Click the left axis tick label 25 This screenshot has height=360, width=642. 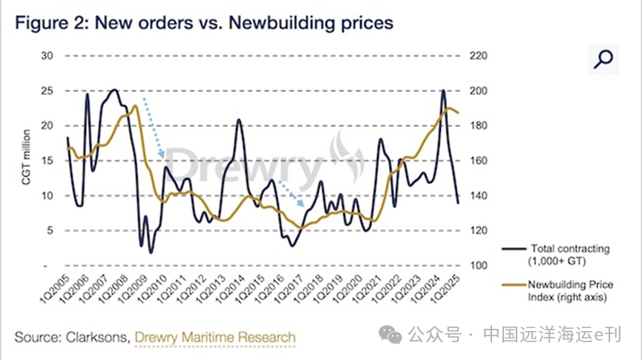point(47,91)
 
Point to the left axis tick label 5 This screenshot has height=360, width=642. point(50,230)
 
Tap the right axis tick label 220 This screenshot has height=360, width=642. point(477,56)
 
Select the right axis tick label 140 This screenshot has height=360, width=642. point(477,195)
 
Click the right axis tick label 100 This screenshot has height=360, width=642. point(477,265)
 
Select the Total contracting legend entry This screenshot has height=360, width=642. point(567,254)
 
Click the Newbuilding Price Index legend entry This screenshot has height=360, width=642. point(567,290)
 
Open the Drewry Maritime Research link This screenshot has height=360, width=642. point(214,337)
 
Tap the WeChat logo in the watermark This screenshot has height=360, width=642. point(391,336)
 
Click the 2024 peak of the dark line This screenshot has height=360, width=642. point(443,91)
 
